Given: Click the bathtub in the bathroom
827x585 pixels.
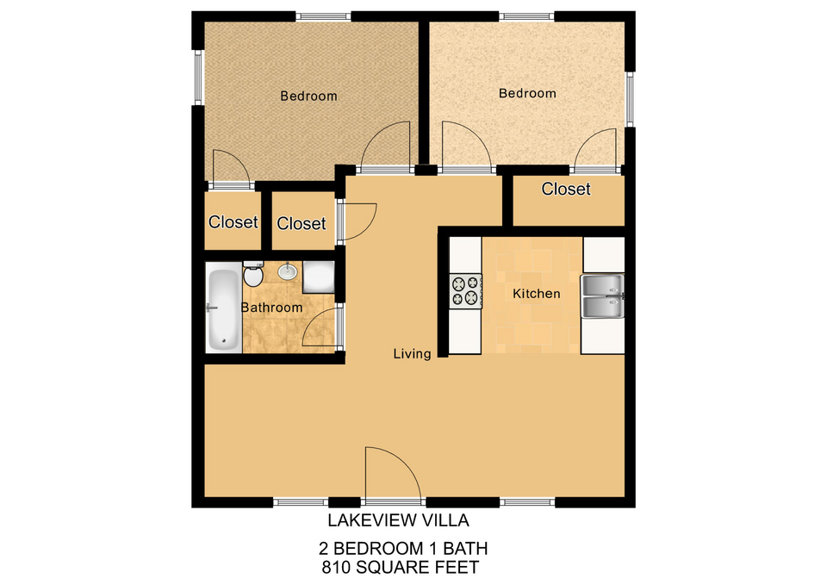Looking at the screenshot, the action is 224,310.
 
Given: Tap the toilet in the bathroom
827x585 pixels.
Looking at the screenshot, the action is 253,274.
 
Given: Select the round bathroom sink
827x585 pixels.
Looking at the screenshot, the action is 288,271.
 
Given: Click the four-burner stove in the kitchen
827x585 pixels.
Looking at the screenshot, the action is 465,290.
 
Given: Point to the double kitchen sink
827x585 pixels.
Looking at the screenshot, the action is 602,296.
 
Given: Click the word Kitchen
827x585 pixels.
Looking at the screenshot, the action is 537,293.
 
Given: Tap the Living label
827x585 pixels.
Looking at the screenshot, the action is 412,354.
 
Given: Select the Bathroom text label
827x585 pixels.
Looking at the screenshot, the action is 271,308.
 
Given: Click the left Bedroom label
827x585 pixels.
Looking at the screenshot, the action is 308,96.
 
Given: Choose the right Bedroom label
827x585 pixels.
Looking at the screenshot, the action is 527,93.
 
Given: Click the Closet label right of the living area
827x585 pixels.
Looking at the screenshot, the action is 566,189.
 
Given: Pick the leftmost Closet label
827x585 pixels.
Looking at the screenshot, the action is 233,222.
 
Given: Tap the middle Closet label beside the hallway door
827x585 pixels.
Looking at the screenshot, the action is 302,224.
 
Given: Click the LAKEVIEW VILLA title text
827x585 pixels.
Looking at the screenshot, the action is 398,520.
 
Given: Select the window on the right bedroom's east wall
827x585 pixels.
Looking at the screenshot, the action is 630,99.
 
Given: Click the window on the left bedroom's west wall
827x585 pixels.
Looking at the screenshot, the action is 198,78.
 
